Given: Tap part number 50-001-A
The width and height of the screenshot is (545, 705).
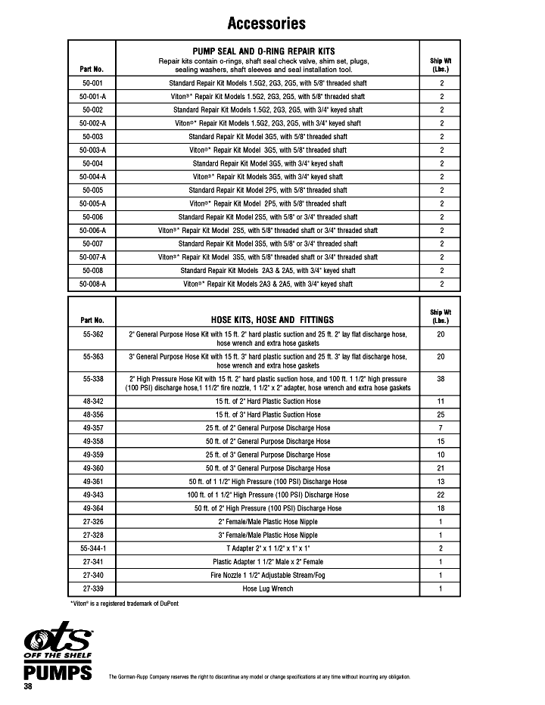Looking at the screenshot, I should tap(92, 96).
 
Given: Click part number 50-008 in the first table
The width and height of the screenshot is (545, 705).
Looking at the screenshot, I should tap(92, 270).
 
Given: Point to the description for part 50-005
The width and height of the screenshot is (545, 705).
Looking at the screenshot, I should tap(267, 190).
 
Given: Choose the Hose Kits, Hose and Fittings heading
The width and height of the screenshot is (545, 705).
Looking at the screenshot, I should tap(267, 320).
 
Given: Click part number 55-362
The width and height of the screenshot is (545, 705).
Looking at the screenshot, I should tap(92, 334).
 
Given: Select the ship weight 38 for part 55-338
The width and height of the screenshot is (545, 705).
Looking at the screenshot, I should tap(441, 378).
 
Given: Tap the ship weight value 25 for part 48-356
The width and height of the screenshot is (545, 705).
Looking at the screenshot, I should tap(441, 415).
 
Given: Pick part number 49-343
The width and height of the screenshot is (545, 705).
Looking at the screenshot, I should tap(92, 495).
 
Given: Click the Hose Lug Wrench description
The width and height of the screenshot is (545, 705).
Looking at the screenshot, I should tap(267, 589).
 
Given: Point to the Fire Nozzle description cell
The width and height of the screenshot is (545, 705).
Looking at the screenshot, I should tap(267, 576).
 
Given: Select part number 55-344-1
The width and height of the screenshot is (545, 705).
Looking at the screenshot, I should tap(92, 548).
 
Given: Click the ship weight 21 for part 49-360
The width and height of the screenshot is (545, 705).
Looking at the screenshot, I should tap(441, 468).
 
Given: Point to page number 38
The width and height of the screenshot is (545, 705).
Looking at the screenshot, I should tap(27, 685).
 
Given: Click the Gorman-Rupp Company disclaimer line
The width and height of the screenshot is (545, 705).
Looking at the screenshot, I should tap(260, 677).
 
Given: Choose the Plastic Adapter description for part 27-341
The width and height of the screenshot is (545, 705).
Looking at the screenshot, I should tap(267, 562).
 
